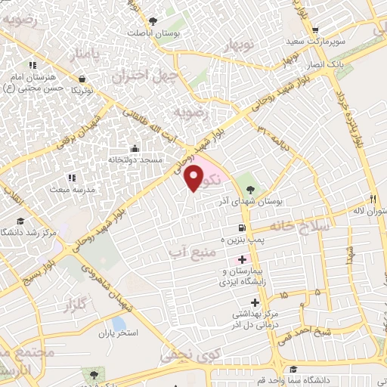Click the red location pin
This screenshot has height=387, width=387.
(x=194, y=178)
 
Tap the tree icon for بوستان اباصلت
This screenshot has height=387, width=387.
(x=153, y=20)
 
